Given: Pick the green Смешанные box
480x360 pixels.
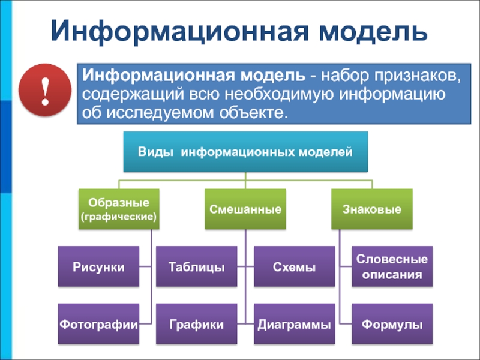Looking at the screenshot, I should [x=245, y=209].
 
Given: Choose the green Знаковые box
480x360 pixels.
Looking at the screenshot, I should [x=372, y=209].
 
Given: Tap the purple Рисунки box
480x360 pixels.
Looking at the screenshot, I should [x=99, y=266].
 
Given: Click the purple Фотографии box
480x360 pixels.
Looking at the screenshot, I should [x=99, y=324].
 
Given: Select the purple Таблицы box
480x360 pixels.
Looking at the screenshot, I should [x=196, y=266].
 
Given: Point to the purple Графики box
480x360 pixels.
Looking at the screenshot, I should [x=196, y=324].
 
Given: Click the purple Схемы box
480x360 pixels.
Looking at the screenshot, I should [x=294, y=266].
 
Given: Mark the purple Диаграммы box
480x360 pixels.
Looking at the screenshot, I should [x=294, y=324].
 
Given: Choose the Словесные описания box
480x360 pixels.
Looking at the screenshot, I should [x=392, y=266].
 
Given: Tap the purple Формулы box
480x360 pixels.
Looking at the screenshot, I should [x=392, y=324].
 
